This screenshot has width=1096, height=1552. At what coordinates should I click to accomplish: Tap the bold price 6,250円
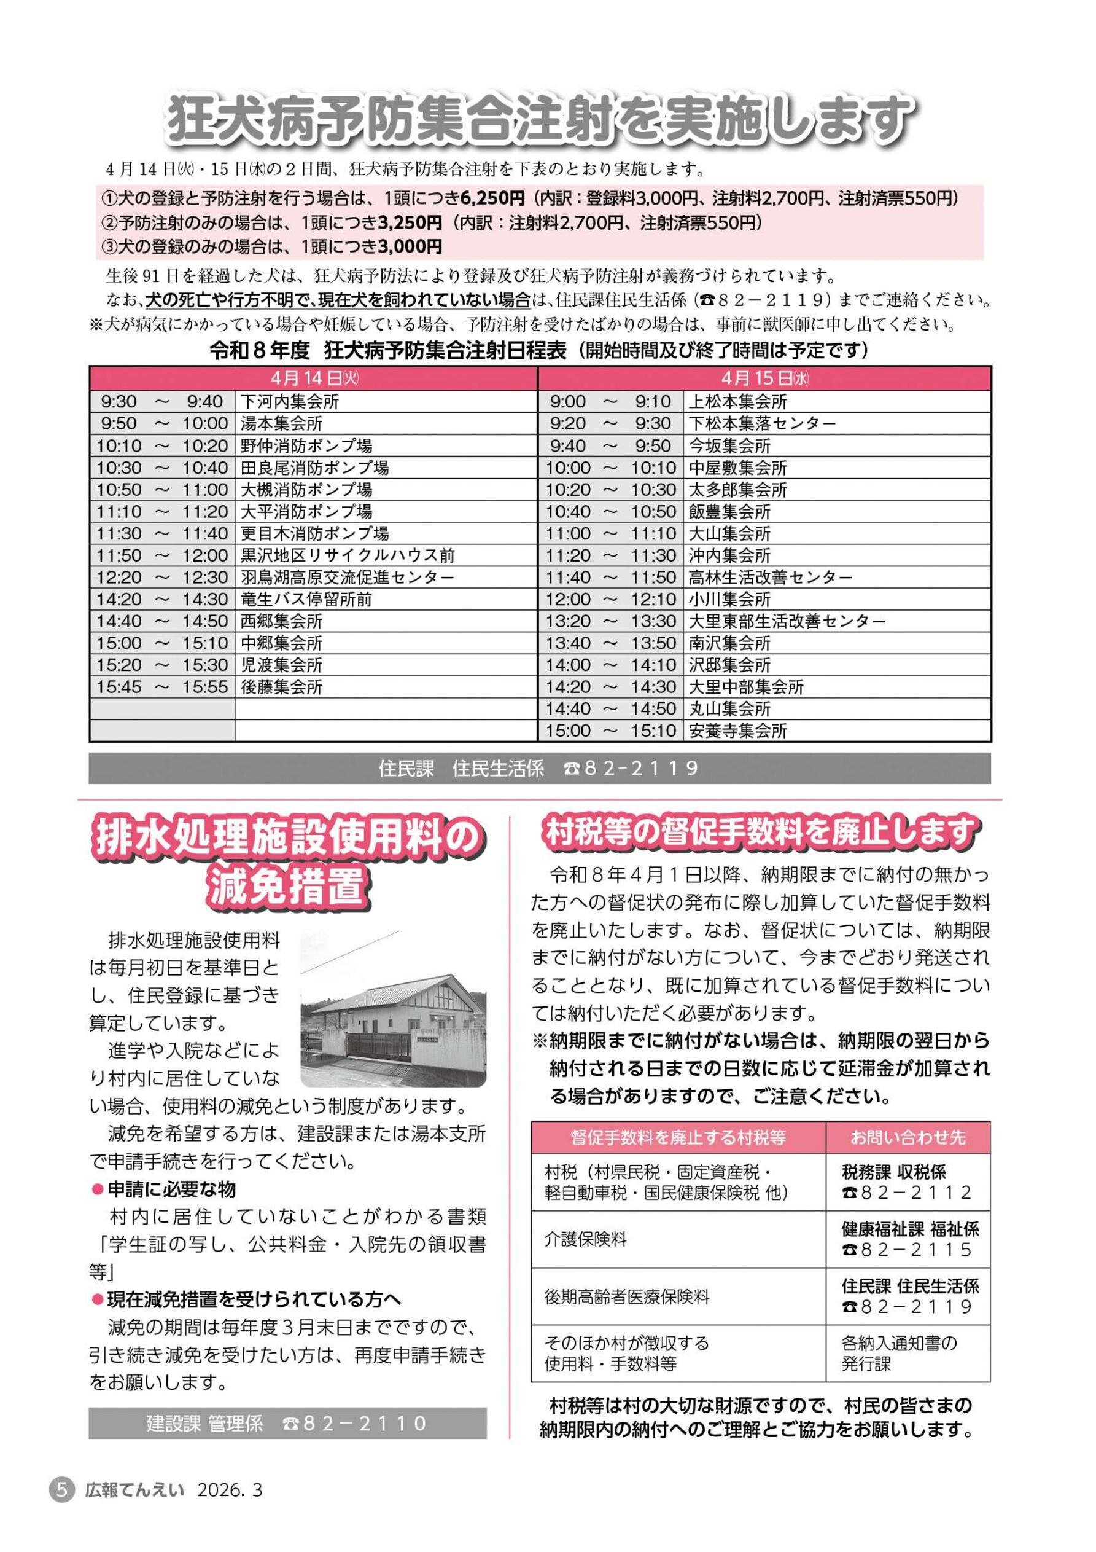pos(492,198)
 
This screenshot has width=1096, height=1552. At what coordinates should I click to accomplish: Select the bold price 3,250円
pos(411,222)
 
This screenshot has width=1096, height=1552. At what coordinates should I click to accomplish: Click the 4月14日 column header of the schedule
pos(313,378)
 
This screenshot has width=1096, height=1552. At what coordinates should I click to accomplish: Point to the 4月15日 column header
pos(764,378)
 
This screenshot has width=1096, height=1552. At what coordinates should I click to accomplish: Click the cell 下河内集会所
pos(289,402)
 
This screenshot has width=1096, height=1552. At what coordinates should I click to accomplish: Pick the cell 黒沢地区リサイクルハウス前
pos(348,555)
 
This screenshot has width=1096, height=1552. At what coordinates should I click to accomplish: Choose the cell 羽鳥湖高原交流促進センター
pos(348,578)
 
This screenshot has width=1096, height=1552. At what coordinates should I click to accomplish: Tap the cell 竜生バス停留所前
pos(306,600)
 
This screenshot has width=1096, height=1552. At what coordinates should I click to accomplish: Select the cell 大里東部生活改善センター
pos(787,621)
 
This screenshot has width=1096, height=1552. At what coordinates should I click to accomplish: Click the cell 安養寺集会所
pos(738,731)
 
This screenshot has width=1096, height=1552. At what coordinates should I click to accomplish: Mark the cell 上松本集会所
pos(738,402)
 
